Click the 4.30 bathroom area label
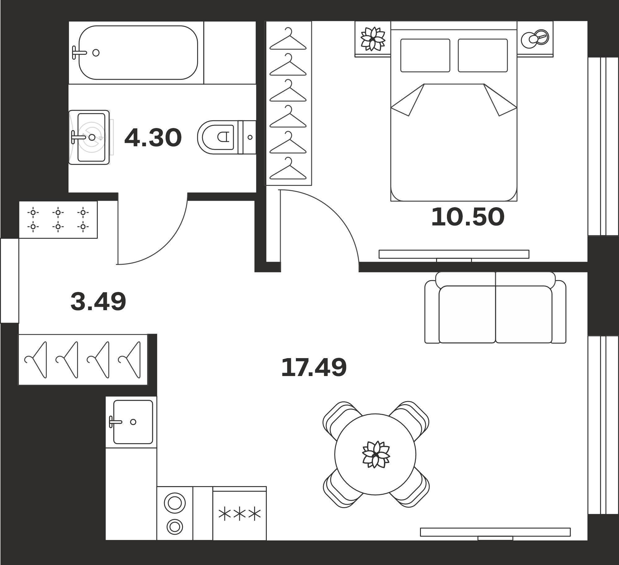coord(153,138)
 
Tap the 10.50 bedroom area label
coord(468,217)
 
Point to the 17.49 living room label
coord(314,367)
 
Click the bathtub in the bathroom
coord(138,53)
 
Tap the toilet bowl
coord(218,137)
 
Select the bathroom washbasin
coord(89,137)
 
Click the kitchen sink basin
coord(133,422)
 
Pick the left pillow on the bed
coord(425,55)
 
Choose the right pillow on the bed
coord(483,55)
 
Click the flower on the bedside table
coord(373,39)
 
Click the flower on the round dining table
coord(376,454)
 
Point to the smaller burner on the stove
coord(175,527)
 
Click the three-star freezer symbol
coord(240,514)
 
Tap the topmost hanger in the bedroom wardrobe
coord(288,39)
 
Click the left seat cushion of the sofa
coord(467,315)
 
